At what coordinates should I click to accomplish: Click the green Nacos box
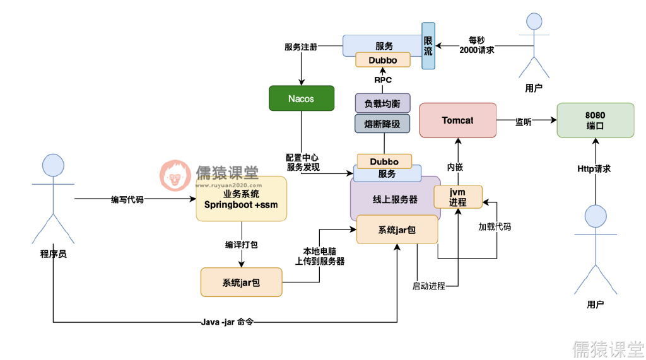pos(301,99)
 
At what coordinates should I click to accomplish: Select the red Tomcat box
pos(457,120)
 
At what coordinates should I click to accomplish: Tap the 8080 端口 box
pos(595,120)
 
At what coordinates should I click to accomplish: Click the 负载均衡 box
pos(383,103)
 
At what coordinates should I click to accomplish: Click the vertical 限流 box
pos(428,45)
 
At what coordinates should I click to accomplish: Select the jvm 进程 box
pos(458,197)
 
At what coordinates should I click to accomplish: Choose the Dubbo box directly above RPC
pos(383,60)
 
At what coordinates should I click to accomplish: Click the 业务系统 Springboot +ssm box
pos(241,199)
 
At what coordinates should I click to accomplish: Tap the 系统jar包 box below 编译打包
pos(241,282)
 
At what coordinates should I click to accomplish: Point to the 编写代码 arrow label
pos(127,199)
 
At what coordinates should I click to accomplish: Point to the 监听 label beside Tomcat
pos(524,122)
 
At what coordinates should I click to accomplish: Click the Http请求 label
pos(594,169)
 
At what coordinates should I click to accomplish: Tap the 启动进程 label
pos(429,286)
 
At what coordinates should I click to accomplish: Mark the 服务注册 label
pos(301,47)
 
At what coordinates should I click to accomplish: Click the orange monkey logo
pos(175,176)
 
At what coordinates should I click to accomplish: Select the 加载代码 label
pos(494,226)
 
